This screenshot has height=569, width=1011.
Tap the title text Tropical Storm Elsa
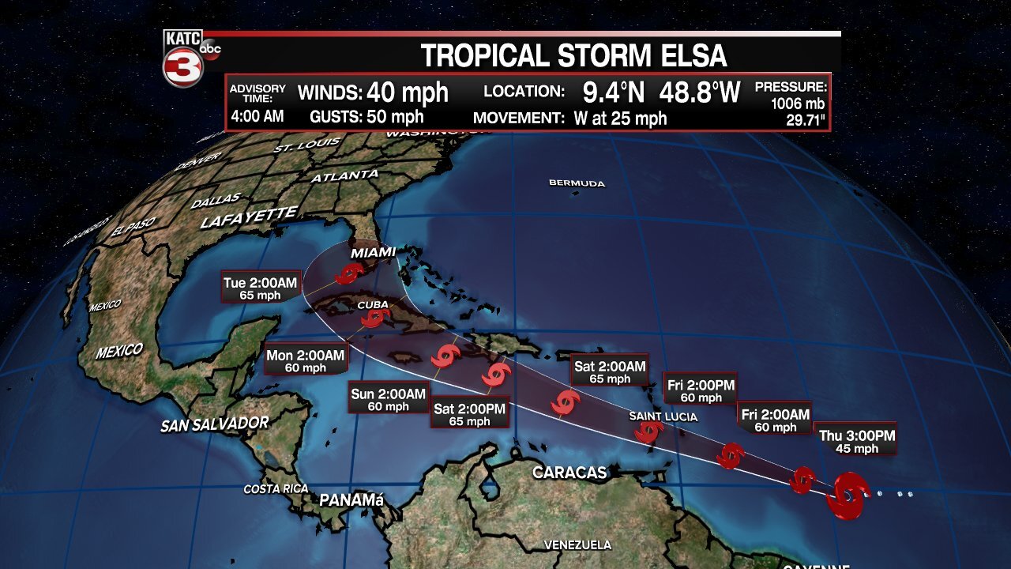coord(573,56)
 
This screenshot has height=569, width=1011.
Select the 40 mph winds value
coord(408,92)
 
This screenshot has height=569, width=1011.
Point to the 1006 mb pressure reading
coord(798,104)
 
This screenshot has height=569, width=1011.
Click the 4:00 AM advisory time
coord(257,117)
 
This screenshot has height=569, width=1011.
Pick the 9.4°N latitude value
coord(614,92)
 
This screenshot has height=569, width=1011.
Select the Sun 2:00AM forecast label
coord(389,400)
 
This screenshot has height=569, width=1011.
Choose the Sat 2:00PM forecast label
coord(469,415)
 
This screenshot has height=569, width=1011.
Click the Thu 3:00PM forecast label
coord(856,441)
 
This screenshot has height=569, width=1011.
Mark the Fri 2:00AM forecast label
coord(774,420)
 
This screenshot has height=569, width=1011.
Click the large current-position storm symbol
coord(847,496)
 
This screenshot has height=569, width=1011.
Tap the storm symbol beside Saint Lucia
coord(649,431)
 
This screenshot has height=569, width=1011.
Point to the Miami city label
coord(373,252)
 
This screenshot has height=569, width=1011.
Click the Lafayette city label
coord(249,217)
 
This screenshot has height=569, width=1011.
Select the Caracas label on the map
coord(569,473)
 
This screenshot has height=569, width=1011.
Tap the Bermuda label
coord(577,183)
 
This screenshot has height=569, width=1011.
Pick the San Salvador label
coord(215,424)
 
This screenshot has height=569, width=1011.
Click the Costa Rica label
coord(276,489)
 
